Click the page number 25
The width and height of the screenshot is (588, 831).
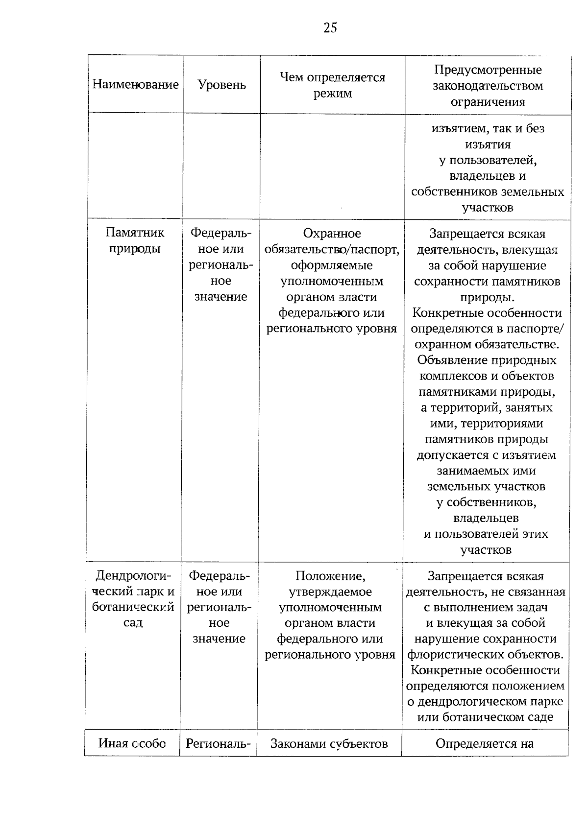point(330,28)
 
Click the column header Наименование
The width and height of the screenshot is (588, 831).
point(135,85)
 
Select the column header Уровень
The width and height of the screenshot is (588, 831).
point(221,85)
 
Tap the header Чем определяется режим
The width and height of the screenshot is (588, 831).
point(332,85)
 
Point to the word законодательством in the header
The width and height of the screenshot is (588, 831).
point(488,86)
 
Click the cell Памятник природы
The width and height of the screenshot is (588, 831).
point(135,240)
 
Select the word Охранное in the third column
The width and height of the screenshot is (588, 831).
point(332,234)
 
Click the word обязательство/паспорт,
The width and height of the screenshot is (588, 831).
point(332,250)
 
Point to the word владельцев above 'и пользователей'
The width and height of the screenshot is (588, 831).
point(486,518)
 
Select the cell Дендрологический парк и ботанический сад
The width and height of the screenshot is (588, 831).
point(133,599)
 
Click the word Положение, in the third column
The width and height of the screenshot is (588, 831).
point(330,576)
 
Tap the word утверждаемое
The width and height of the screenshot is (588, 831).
point(330,592)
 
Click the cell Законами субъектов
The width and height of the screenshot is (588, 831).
point(329,744)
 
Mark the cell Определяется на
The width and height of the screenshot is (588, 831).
point(484,744)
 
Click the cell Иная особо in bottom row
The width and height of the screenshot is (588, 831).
point(132,743)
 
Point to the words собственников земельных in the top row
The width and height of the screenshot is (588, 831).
point(488,192)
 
